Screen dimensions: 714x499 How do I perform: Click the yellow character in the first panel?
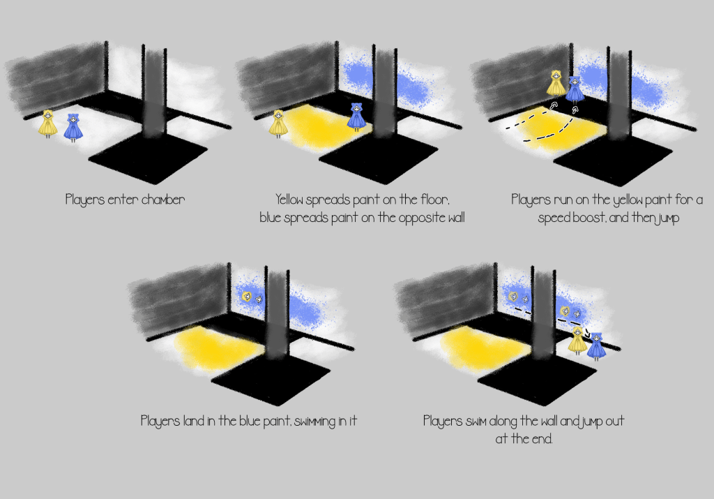click(x=47, y=124)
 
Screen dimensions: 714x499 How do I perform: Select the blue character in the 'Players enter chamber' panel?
click(x=73, y=128)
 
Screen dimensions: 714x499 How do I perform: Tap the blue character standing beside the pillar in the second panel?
click(x=356, y=117)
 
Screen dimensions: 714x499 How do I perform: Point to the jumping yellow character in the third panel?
click(x=556, y=83)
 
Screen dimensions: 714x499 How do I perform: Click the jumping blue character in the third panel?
click(x=575, y=89)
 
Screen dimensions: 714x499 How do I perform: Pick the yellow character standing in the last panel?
click(x=577, y=340)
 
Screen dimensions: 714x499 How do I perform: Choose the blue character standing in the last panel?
click(x=596, y=346)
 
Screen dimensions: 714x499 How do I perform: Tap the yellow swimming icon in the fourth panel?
click(x=246, y=297)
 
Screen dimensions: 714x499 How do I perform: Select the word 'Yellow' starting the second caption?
click(x=289, y=200)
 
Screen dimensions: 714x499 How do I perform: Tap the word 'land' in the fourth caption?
click(x=194, y=421)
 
